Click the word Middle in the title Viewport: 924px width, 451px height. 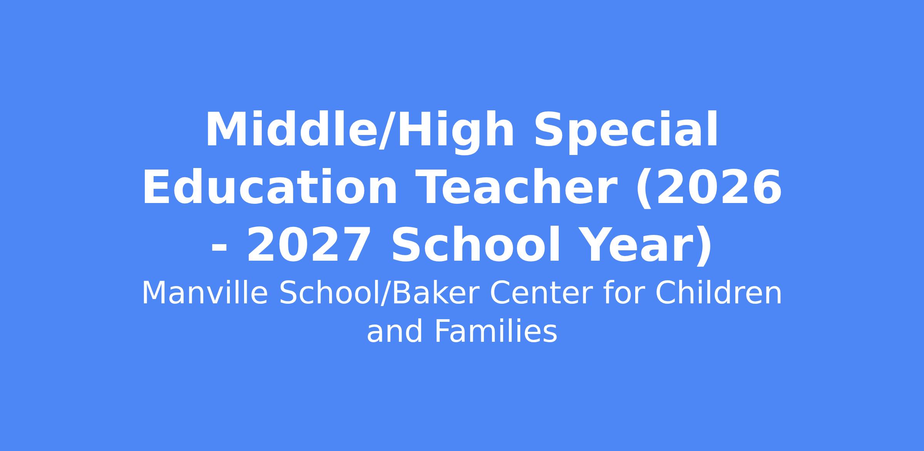[x=291, y=130]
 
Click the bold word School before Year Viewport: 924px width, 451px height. [x=475, y=245]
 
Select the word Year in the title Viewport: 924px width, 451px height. [x=634, y=245]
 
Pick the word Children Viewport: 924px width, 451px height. [x=718, y=293]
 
